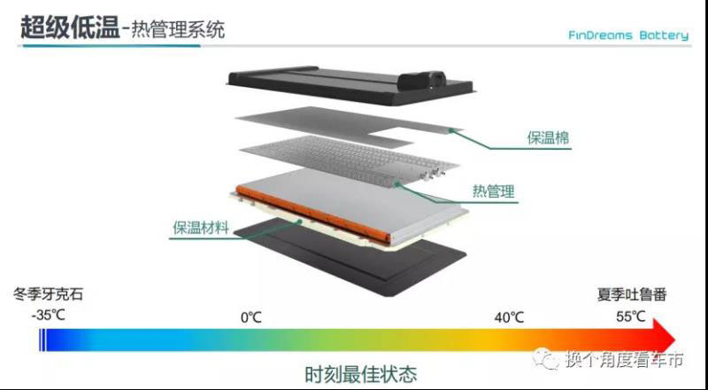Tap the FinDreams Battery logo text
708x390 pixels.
pos(628,35)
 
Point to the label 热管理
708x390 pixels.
pos(495,191)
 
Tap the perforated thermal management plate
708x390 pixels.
pos(345,164)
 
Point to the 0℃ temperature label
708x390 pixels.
pos(251,316)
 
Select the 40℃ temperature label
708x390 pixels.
pos(510,316)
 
